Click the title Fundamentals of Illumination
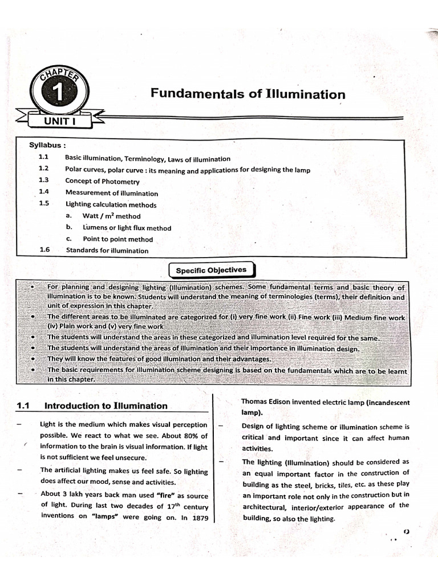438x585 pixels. (248, 94)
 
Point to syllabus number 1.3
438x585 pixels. (44, 181)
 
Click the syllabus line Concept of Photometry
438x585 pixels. (102, 181)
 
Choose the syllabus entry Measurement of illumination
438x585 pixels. (111, 193)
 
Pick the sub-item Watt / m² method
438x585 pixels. (111, 216)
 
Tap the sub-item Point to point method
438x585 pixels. (117, 239)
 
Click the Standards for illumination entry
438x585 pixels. (107, 250)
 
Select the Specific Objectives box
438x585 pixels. (211, 270)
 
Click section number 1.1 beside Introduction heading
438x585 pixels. (23, 406)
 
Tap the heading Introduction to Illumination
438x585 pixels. (106, 406)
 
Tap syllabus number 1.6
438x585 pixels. (45, 250)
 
